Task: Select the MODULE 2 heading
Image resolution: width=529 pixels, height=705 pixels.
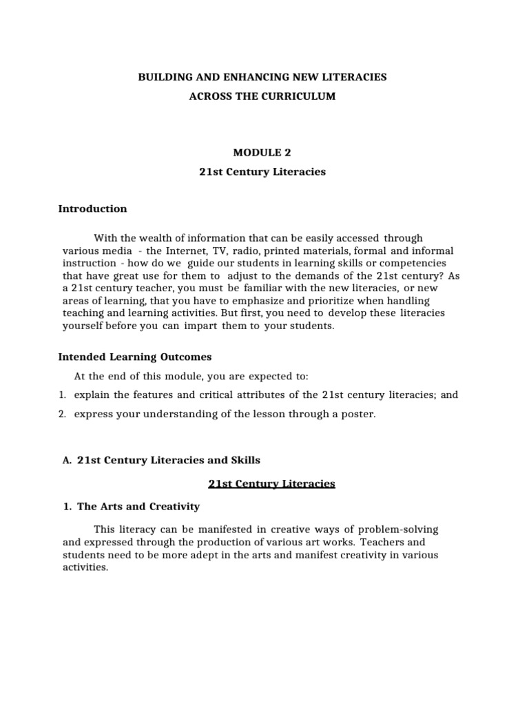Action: pyautogui.click(x=262, y=152)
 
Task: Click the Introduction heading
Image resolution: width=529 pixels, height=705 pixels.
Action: pyautogui.click(x=92, y=209)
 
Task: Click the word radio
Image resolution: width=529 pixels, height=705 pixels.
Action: pyautogui.click(x=249, y=251)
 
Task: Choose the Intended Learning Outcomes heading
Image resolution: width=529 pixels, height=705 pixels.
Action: pyautogui.click(x=135, y=357)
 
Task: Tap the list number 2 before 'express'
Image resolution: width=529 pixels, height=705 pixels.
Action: pyautogui.click(x=61, y=414)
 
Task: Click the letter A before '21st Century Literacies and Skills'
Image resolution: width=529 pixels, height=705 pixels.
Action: pyautogui.click(x=67, y=460)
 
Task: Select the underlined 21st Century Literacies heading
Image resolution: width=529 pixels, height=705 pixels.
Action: pyautogui.click(x=271, y=484)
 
